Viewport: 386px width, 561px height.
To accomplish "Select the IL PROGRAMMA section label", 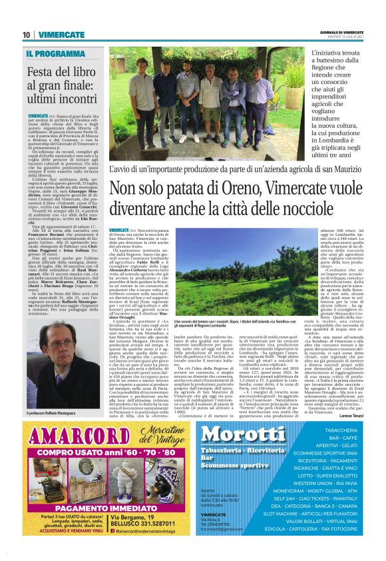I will pyautogui.click(x=56, y=53).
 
